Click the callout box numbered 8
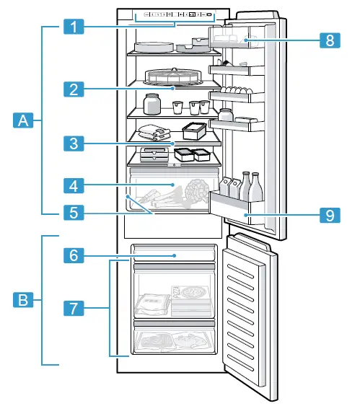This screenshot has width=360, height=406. click(329, 40)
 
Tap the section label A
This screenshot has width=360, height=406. click(24, 121)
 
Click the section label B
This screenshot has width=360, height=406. click(24, 299)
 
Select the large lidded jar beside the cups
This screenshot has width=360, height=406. click(152, 104)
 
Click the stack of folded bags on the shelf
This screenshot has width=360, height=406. click(154, 131)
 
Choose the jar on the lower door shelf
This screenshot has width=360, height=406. click(226, 116)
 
